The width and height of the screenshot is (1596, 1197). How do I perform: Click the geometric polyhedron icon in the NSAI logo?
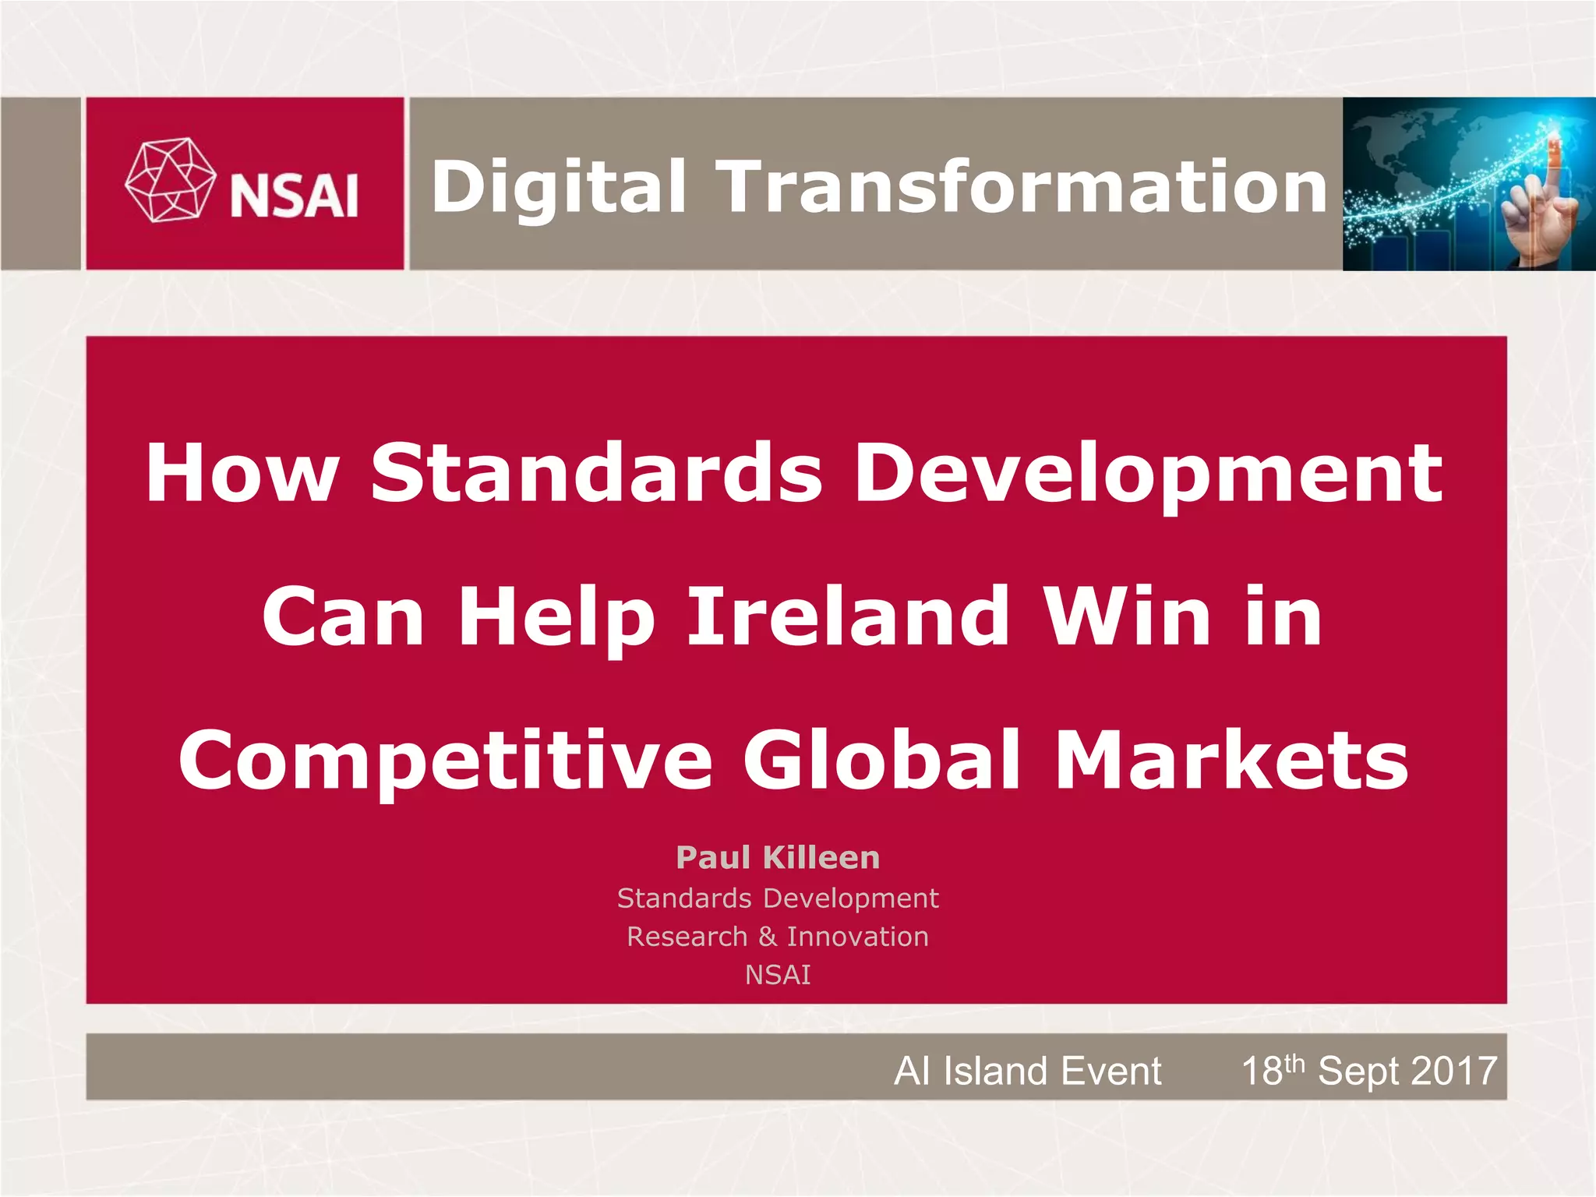pos(170,180)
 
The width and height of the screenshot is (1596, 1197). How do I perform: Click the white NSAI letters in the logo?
pos(295,196)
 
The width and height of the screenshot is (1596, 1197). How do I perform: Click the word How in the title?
pos(242,473)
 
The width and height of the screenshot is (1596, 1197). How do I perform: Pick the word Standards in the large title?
pos(597,473)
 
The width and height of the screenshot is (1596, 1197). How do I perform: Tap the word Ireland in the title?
pos(849,617)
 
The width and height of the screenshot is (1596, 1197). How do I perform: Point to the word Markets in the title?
pos(1231,760)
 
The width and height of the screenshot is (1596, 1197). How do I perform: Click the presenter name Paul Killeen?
pos(778,857)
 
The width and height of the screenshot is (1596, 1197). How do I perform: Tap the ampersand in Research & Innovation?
pos(768,937)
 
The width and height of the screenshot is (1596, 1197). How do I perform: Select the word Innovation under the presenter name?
pos(857,937)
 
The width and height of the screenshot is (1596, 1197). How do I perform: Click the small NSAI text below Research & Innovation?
pos(778,975)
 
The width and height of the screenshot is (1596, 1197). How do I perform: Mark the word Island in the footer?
pos(993,1071)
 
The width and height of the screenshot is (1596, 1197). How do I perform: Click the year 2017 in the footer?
pos(1454,1071)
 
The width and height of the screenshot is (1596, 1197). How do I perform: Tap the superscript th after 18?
pos(1294,1063)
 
